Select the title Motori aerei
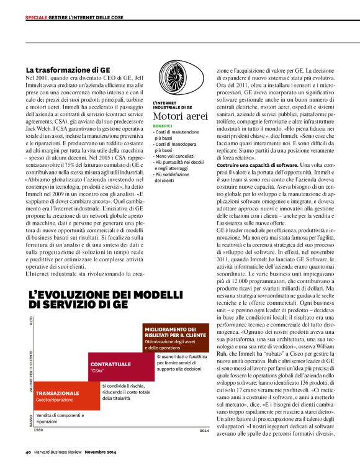pos(179,116)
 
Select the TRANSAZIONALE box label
pos(58,393)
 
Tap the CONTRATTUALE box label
pos(110,364)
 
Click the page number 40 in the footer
pos(29,451)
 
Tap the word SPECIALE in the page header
pos(37,17)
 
